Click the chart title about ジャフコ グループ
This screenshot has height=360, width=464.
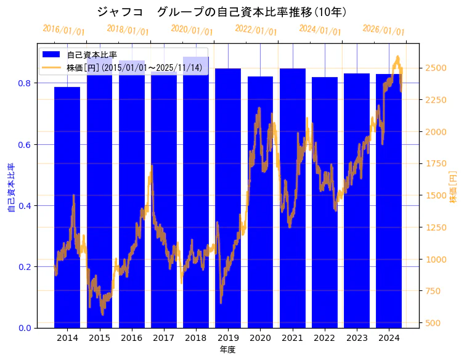pyautogui.click(x=222, y=12)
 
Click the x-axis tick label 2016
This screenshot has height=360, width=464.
pyautogui.click(x=131, y=338)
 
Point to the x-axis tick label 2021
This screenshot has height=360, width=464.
pyautogui.click(x=292, y=338)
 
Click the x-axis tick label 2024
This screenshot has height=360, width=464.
pyautogui.click(x=389, y=338)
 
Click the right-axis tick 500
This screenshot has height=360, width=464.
pyautogui.click(x=434, y=323)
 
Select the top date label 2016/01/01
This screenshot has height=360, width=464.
pyautogui.click(x=63, y=30)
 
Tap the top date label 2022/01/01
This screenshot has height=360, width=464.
pyautogui.click(x=256, y=30)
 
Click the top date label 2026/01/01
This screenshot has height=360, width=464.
pyautogui.click(x=383, y=30)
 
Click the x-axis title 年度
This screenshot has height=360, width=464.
pyautogui.click(x=227, y=350)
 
